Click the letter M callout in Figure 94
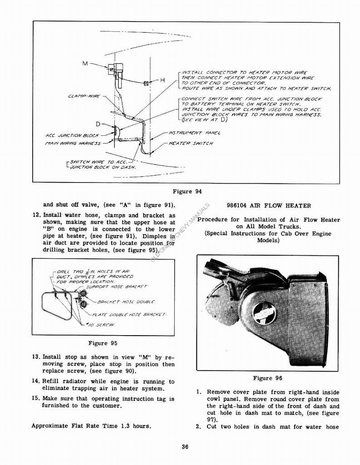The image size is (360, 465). click(85, 64)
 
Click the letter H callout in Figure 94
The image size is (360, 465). click(162, 80)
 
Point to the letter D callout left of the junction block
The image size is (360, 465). click(98, 124)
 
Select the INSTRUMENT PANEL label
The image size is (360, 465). click(194, 133)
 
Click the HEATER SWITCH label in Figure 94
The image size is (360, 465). click(190, 143)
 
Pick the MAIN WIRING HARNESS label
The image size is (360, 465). click(73, 143)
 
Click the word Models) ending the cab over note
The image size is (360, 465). click(268, 240)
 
